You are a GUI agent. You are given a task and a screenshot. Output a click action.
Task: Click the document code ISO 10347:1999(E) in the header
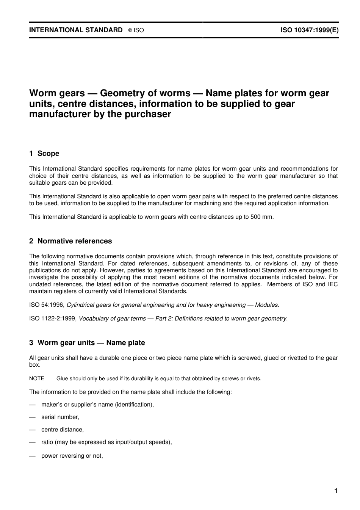tap(309, 30)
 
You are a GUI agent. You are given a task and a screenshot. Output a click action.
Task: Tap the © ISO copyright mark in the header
tap(136, 30)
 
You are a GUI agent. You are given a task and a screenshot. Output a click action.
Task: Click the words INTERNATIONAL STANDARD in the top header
tap(76, 30)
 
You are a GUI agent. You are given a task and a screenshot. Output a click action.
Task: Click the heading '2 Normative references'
tap(70, 241)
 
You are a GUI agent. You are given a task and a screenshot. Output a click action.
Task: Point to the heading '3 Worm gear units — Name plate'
tap(87, 343)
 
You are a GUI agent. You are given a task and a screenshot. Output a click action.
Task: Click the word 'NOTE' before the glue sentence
tap(37, 378)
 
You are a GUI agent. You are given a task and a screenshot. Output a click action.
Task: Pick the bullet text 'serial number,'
tap(60, 417)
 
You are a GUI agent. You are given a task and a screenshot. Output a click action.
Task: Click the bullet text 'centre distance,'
tap(63, 430)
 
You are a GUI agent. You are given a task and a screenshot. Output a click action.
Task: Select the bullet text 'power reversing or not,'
tap(72, 456)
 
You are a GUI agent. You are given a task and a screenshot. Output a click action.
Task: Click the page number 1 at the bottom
tap(336, 491)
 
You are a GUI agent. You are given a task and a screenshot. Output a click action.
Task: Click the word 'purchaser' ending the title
tap(148, 114)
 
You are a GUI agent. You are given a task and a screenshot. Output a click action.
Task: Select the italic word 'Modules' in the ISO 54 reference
tap(267, 305)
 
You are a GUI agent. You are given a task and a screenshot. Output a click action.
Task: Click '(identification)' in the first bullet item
tap(134, 405)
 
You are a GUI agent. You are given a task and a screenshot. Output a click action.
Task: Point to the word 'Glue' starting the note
tap(62, 378)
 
